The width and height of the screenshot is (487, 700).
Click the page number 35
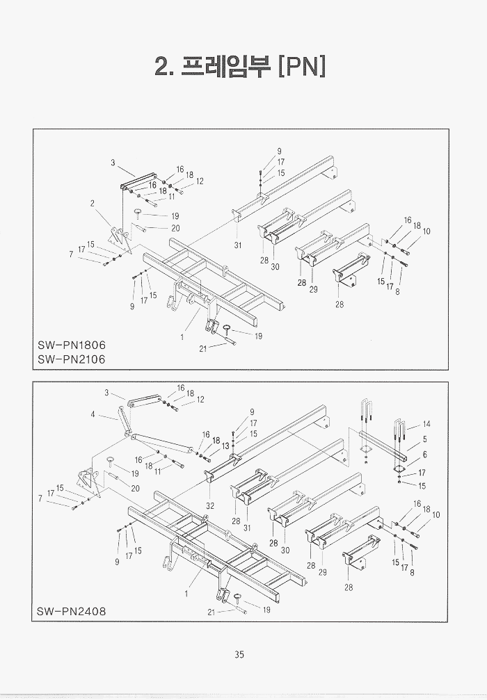pos(239,654)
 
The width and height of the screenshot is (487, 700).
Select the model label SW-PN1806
pos(72,345)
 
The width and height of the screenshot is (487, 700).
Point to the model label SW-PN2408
pos(72,612)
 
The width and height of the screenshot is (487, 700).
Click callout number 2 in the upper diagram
pos(92,204)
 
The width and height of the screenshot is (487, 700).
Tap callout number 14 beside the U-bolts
pos(426,424)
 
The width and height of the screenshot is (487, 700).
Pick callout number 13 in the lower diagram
pos(225,445)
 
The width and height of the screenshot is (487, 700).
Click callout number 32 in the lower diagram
pos(209,505)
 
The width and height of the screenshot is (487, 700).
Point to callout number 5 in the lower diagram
pos(424,439)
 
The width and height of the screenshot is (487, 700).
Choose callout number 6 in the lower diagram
pos(424,454)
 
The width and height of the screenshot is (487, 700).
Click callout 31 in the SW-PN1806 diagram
pos(238,244)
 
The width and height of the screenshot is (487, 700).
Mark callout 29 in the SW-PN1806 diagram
pos(313,289)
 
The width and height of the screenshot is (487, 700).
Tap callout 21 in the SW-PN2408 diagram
pos(211,612)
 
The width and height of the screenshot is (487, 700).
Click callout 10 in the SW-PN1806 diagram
pos(426,231)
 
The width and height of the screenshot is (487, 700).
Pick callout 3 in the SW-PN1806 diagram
pos(113,163)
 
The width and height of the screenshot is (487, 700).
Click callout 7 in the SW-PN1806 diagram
pos(70,254)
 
